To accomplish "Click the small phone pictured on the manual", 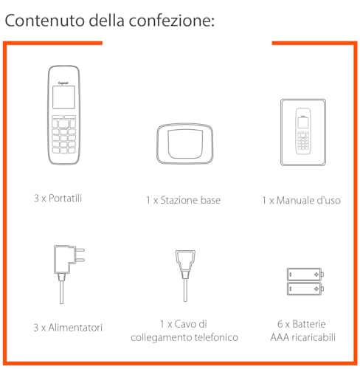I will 301,131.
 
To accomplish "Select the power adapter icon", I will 66,270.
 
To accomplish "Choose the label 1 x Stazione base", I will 182,200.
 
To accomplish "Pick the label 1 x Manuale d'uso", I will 301,200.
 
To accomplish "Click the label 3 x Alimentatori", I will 67,327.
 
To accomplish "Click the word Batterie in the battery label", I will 308,324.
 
